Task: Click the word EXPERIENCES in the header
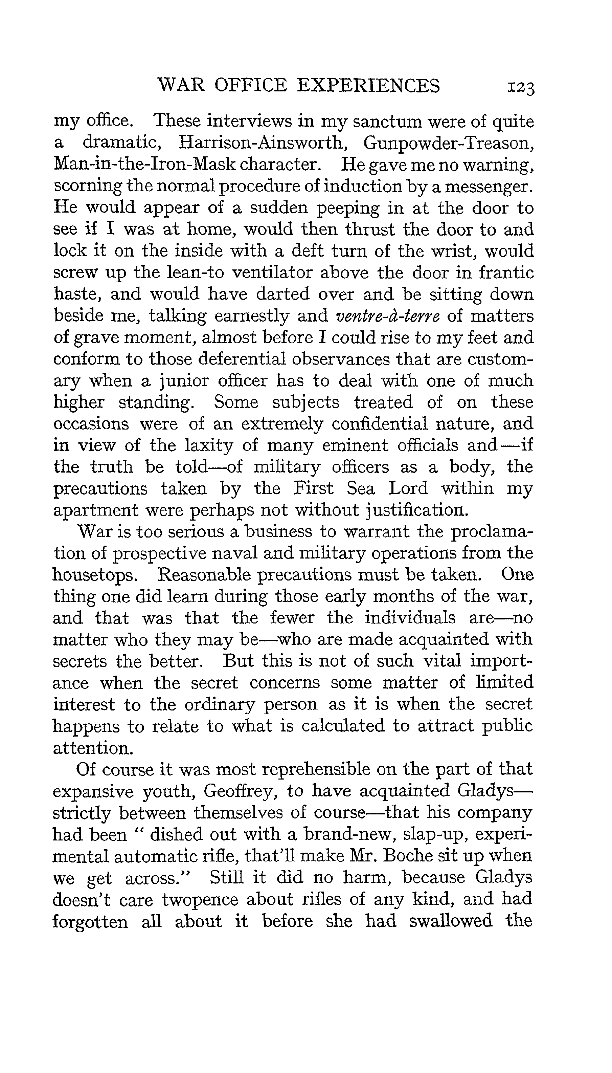(x=369, y=85)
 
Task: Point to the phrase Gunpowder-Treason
(x=449, y=144)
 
